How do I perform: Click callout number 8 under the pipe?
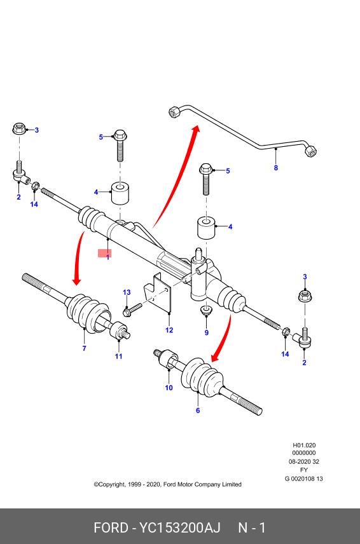pyautogui.click(x=276, y=168)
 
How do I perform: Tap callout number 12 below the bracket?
pyautogui.click(x=169, y=330)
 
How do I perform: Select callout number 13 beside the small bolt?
pyautogui.click(x=127, y=292)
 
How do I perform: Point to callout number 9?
pyautogui.click(x=207, y=333)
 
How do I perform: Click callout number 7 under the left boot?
pyautogui.click(x=84, y=348)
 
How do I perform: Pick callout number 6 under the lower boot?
pyautogui.click(x=198, y=411)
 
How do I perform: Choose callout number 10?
pyautogui.click(x=169, y=388)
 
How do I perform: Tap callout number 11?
pyautogui.click(x=119, y=357)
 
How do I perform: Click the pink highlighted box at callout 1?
pyautogui.click(x=104, y=254)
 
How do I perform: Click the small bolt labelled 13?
pyautogui.click(x=132, y=309)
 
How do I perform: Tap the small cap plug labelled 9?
pyautogui.click(x=207, y=309)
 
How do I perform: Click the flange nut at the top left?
pyautogui.click(x=20, y=129)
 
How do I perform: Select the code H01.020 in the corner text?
pyautogui.click(x=304, y=445)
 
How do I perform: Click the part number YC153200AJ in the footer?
pyautogui.click(x=180, y=528)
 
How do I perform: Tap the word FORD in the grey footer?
pyautogui.click(x=111, y=528)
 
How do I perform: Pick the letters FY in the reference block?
pyautogui.click(x=304, y=470)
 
